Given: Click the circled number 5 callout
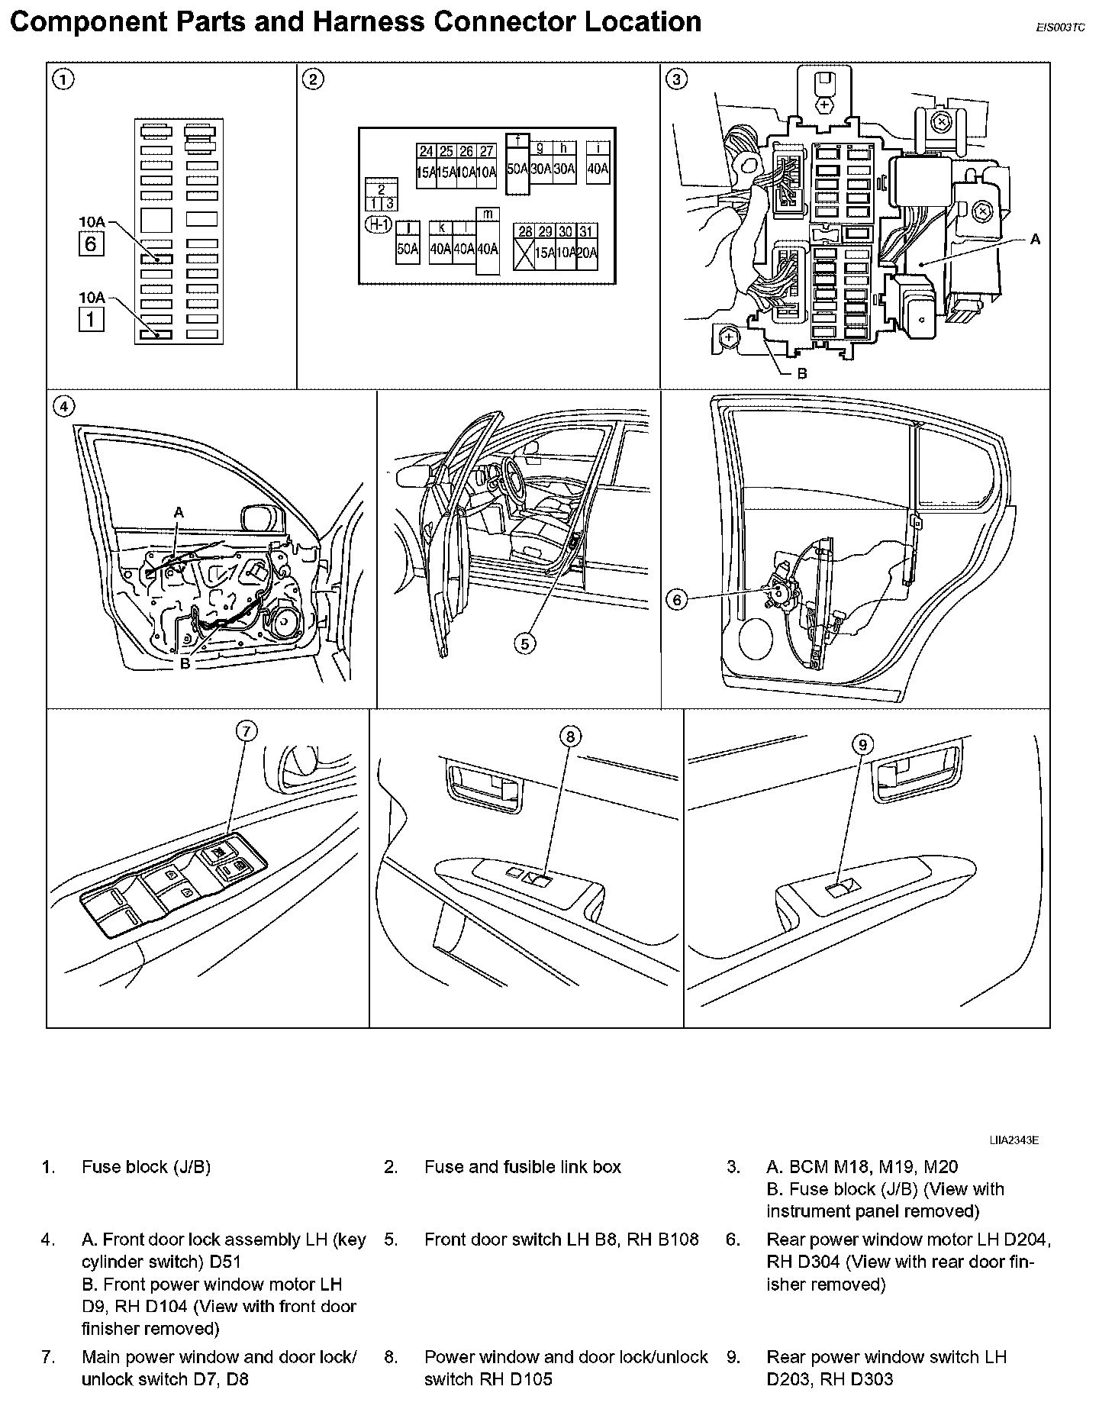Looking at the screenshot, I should pyautogui.click(x=524, y=644).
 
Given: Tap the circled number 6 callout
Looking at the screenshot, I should pyautogui.click(x=677, y=600).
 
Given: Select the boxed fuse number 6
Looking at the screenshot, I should pyautogui.click(x=91, y=245).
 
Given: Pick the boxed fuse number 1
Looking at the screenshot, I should pyautogui.click(x=91, y=319).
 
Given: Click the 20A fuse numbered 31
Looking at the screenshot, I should pyautogui.click(x=586, y=247).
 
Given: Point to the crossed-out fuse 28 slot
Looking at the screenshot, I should pyautogui.click(x=524, y=247).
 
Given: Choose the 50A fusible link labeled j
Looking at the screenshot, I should pyautogui.click(x=408, y=242).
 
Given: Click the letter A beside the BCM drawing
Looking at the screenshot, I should pyautogui.click(x=1035, y=239).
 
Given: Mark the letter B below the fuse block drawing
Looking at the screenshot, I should pyautogui.click(x=801, y=373).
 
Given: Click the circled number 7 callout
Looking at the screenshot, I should pyautogui.click(x=245, y=731).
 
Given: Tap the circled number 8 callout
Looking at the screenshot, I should pyautogui.click(x=570, y=736).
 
